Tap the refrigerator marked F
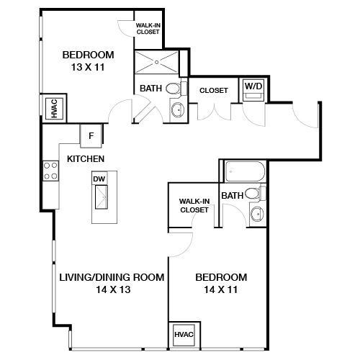point(91,135)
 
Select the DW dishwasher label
point(99,178)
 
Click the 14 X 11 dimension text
point(222,289)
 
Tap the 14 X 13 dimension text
point(112,289)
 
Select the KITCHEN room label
point(86,158)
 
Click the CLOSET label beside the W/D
point(214,91)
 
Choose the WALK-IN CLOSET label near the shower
point(149,29)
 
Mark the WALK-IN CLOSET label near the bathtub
point(194,206)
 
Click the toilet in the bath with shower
point(173,89)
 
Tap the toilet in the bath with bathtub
point(252,193)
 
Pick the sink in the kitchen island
point(99,196)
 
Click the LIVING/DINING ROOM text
point(112,277)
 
